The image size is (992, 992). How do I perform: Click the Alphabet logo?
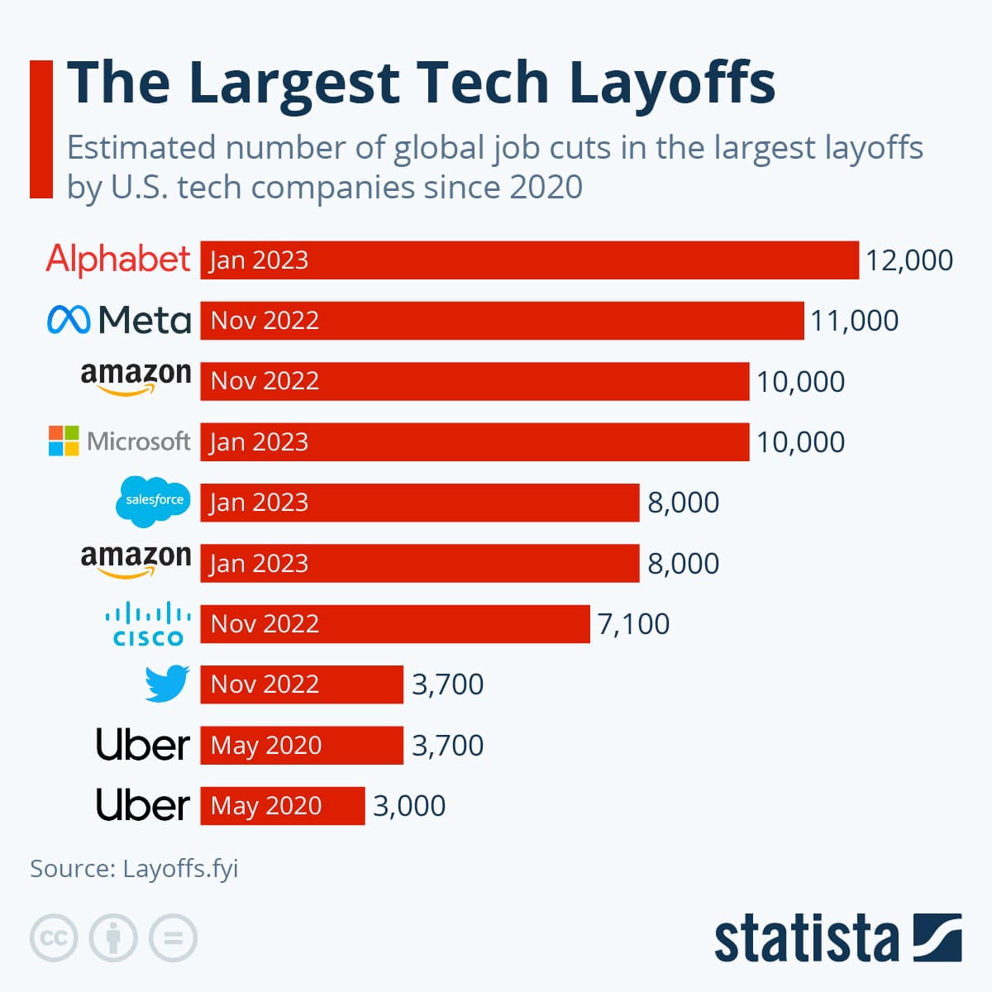(x=118, y=260)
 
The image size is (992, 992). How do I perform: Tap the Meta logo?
(x=119, y=320)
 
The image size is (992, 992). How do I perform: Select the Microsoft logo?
(x=119, y=441)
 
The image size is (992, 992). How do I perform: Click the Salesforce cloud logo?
(x=153, y=501)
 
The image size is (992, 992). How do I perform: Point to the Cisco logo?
(x=148, y=625)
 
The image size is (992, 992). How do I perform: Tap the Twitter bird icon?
(x=167, y=684)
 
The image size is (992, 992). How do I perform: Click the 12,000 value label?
(x=909, y=260)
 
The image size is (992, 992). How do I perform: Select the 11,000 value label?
(x=854, y=321)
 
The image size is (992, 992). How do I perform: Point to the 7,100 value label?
(x=633, y=624)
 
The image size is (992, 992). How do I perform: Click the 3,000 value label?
(x=409, y=806)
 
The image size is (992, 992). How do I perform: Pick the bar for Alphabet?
(x=529, y=260)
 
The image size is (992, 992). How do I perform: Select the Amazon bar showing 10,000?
(x=475, y=381)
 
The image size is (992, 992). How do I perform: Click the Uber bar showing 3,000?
(x=282, y=806)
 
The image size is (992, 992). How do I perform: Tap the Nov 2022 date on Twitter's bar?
(x=265, y=684)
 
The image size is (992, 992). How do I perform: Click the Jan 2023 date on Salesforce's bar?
(x=259, y=503)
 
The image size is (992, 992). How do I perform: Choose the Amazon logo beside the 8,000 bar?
(x=136, y=560)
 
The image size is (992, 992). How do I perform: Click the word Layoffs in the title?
(x=672, y=83)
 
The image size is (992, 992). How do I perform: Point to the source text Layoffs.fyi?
(x=180, y=869)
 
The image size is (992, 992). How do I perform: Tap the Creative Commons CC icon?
(x=54, y=938)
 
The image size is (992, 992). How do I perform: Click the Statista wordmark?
(x=806, y=939)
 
